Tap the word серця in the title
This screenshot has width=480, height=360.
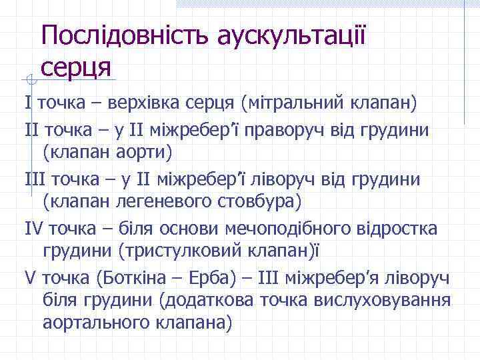tap(78, 65)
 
